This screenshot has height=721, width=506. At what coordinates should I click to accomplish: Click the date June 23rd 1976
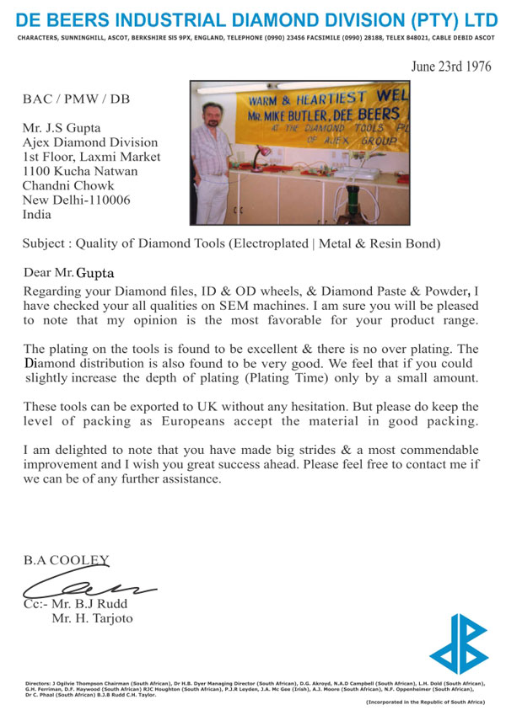(x=451, y=67)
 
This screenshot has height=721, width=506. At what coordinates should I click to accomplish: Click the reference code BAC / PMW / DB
(x=77, y=99)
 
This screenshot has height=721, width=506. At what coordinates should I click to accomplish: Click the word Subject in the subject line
(x=46, y=245)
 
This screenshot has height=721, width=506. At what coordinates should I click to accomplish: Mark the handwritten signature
(x=84, y=585)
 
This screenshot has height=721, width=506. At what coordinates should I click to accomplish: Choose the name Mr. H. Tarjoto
(x=91, y=619)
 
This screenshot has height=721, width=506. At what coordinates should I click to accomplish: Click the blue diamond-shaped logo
(x=458, y=645)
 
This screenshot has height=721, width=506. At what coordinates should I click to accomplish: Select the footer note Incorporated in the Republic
(x=424, y=702)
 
